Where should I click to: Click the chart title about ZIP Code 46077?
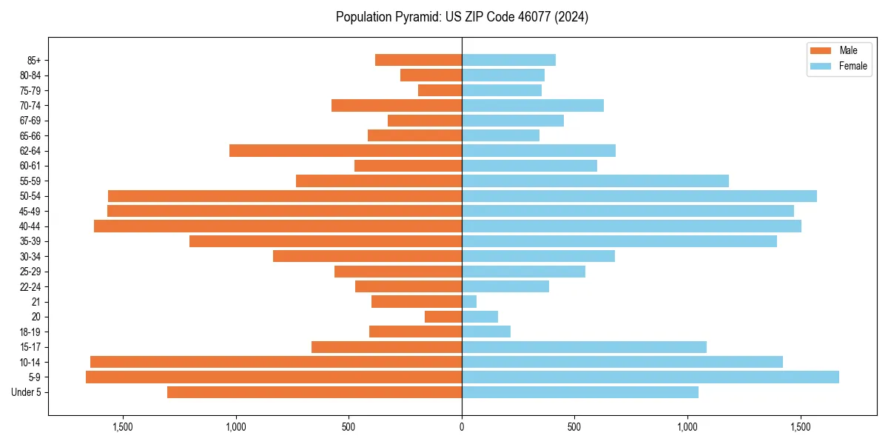462,17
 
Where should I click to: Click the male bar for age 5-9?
274,377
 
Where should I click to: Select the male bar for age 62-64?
346,150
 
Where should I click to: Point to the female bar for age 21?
469,302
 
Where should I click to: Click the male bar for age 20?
443,317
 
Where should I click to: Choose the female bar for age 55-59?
595,181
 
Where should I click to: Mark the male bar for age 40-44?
277,226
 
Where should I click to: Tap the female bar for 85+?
508,60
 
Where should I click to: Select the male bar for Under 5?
314,392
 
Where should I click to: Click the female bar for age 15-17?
584,347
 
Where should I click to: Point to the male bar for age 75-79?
440,90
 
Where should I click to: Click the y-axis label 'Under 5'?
27,392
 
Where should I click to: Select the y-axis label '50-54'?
30,196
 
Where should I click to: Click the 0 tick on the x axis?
462,427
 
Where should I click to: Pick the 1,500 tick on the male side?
123,427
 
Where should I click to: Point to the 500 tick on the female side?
574,427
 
